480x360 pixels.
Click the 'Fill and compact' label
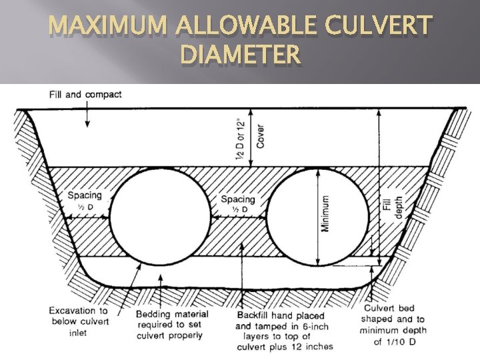pyautogui.click(x=85, y=94)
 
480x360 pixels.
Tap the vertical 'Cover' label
pyautogui.click(x=259, y=137)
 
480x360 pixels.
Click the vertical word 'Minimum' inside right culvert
pyautogui.click(x=325, y=213)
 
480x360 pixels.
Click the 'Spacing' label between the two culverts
pyautogui.click(x=238, y=199)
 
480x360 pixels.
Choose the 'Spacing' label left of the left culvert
pyautogui.click(x=85, y=195)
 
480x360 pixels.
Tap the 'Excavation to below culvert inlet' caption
pyautogui.click(x=78, y=321)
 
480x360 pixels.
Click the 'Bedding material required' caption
pyautogui.click(x=172, y=325)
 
